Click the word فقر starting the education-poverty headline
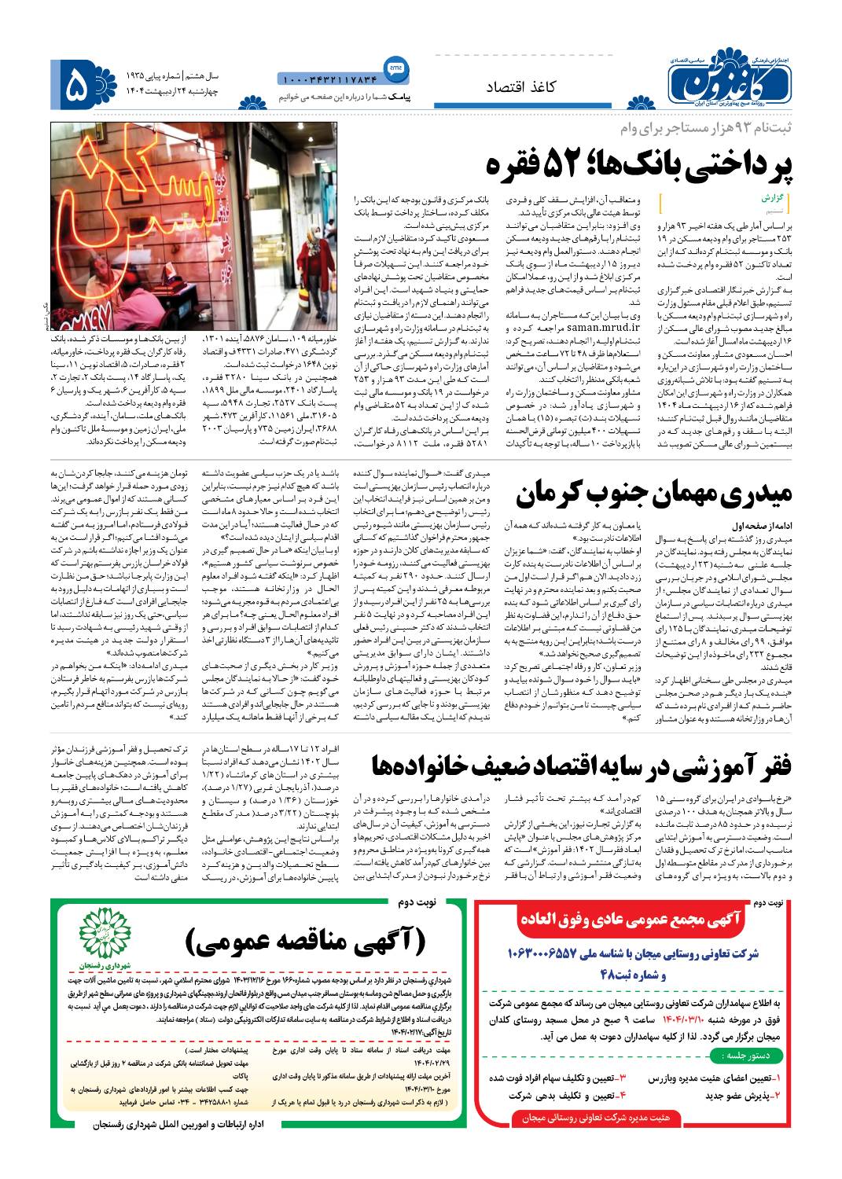[777, 764]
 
